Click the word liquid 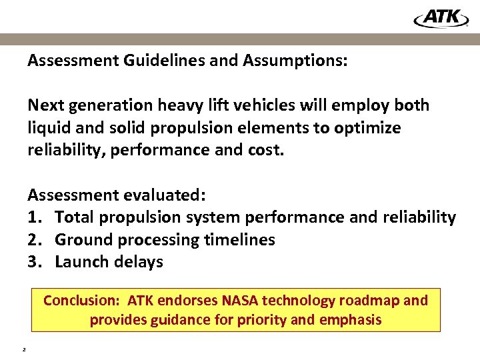click(48, 128)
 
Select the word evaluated click(165, 195)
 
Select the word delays click(137, 262)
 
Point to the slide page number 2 click(23, 348)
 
